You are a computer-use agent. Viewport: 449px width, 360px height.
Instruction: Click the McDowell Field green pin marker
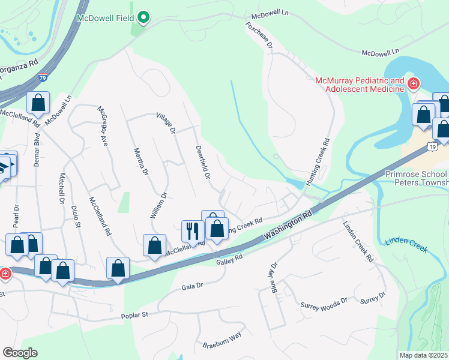143,18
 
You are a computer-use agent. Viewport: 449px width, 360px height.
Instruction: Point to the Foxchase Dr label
259,35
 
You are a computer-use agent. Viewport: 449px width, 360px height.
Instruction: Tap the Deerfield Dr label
202,162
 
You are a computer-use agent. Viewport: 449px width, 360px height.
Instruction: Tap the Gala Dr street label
193,287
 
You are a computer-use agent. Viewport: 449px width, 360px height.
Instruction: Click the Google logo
20,353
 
